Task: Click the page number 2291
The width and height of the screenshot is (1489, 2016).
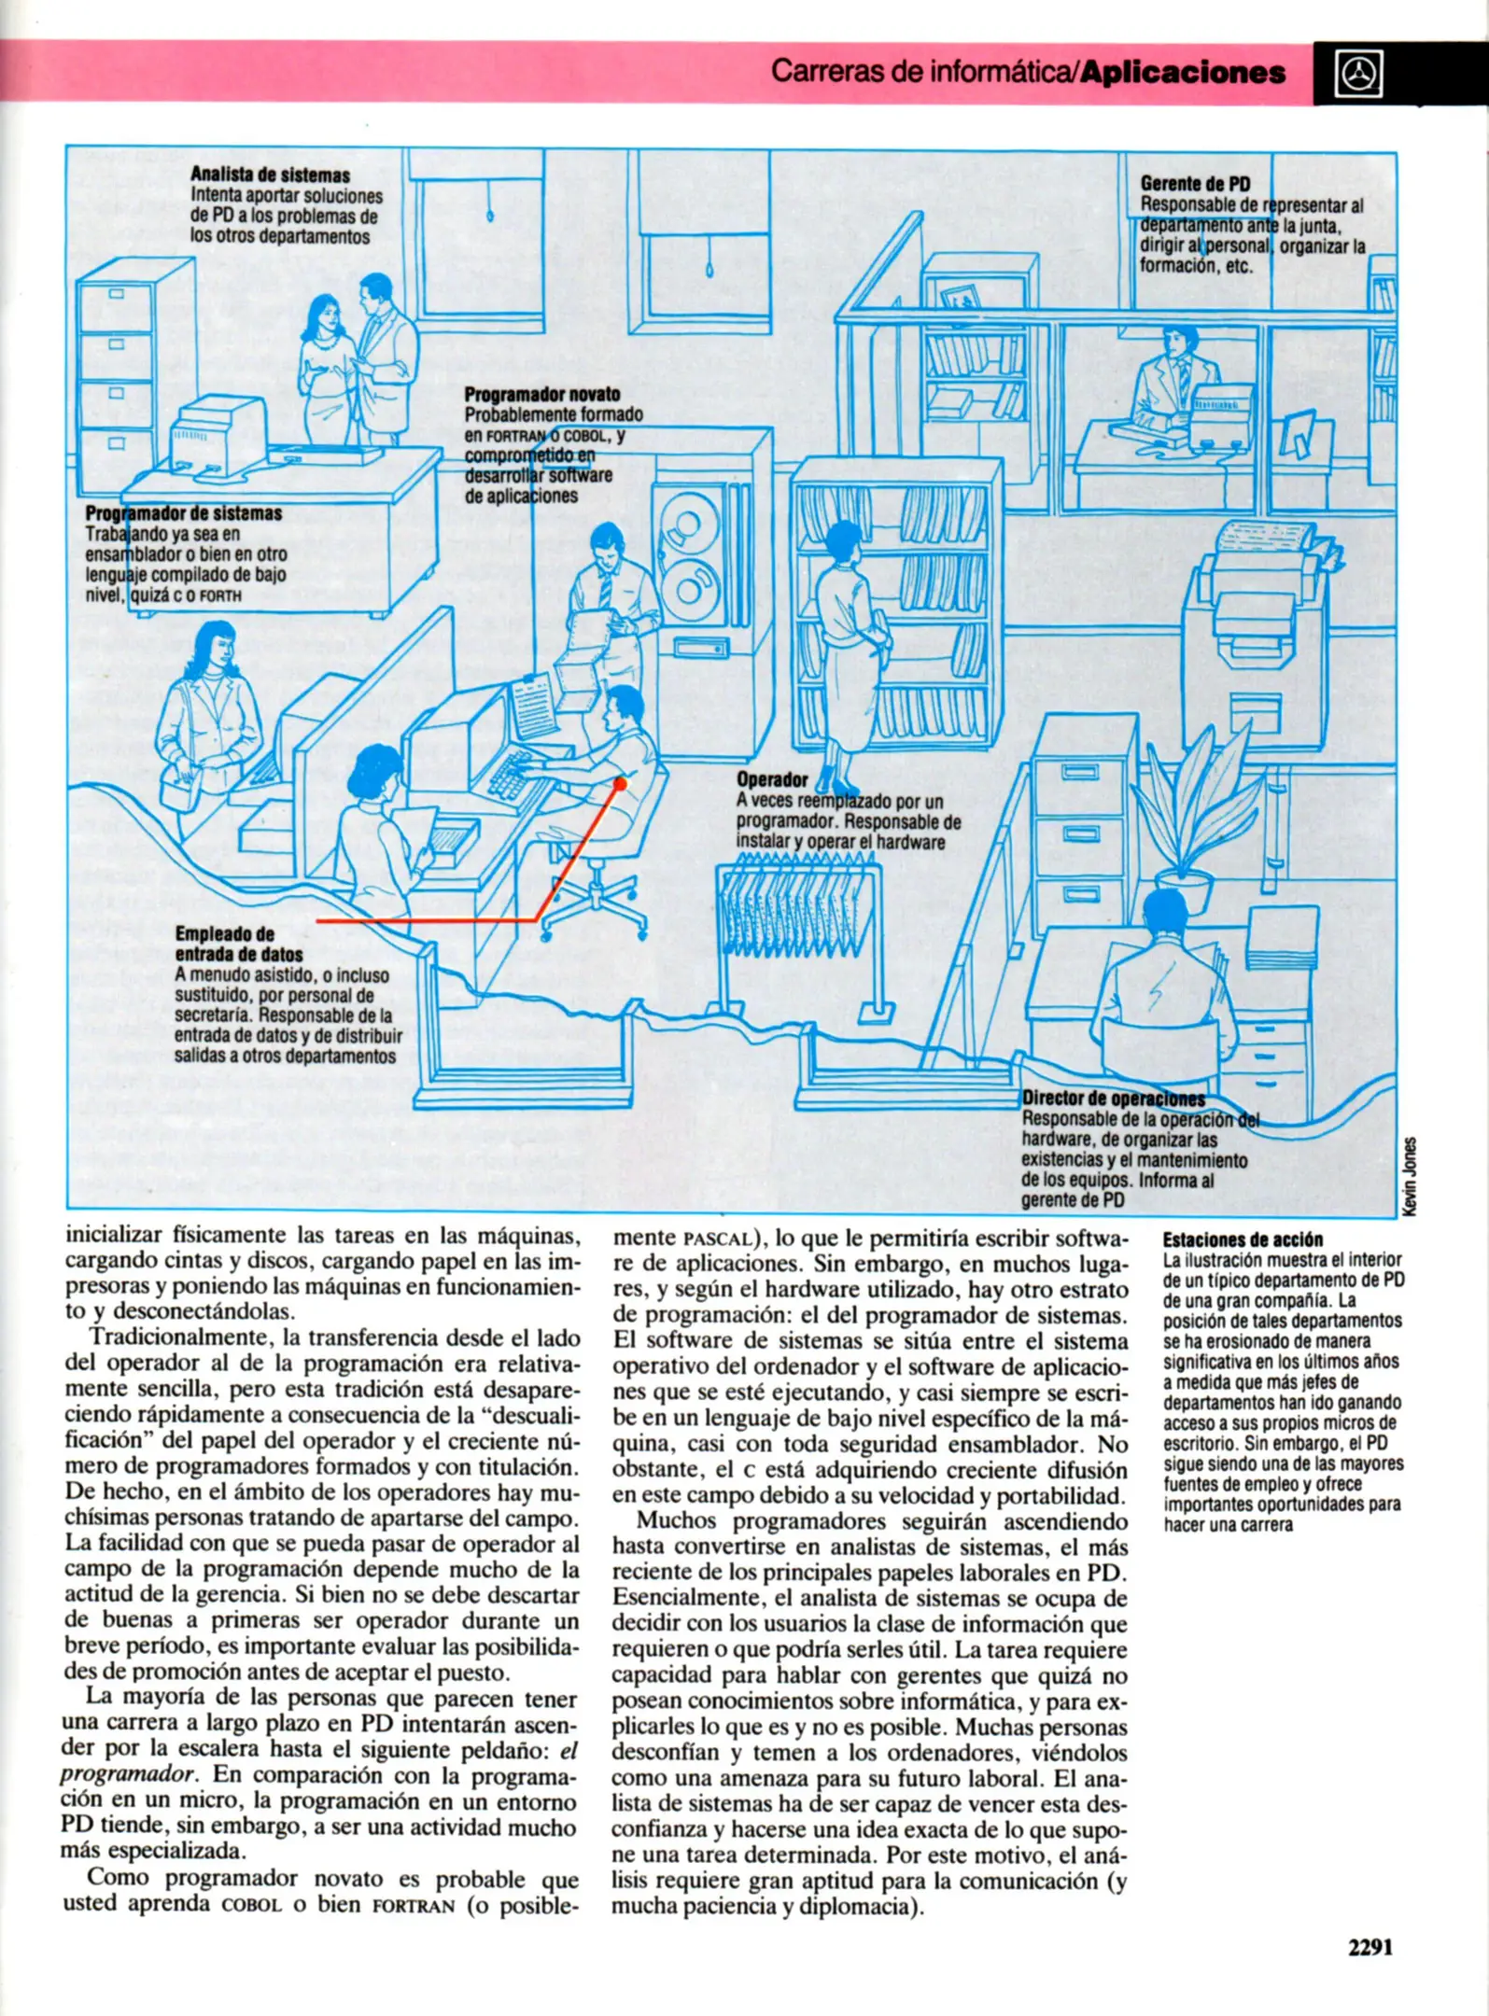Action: coord(1369,1947)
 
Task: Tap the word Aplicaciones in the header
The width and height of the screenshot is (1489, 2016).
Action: coord(1183,73)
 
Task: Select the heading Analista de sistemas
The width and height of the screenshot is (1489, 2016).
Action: coord(270,175)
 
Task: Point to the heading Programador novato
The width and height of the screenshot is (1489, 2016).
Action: coord(541,394)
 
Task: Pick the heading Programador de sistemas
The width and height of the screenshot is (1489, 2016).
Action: coord(184,513)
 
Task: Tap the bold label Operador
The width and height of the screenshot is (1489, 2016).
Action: coord(772,779)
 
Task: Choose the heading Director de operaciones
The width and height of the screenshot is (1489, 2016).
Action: coord(1113,1099)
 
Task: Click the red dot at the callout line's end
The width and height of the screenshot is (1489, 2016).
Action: coord(619,784)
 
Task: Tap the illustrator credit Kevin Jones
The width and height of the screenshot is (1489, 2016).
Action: coord(1411,1176)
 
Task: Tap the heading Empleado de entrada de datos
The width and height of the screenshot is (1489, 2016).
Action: coord(238,944)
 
